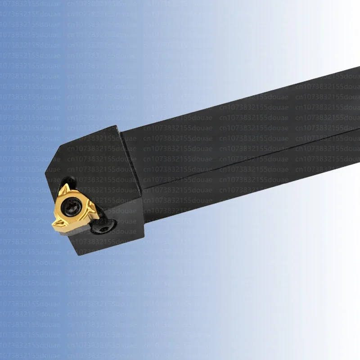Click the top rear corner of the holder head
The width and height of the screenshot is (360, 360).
tap(118, 126)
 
